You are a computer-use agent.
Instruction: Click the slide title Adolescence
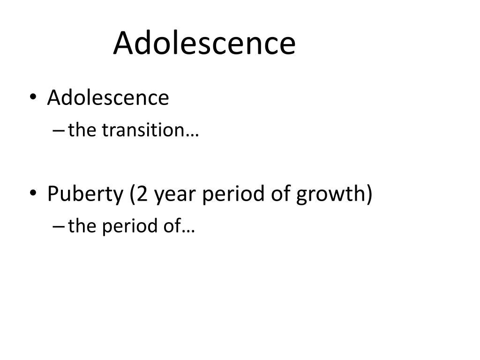(x=204, y=43)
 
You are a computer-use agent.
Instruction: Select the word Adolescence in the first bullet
(x=108, y=97)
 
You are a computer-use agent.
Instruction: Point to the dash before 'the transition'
(x=59, y=131)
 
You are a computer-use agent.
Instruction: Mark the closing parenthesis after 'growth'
(x=369, y=194)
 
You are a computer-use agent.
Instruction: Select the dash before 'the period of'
(x=59, y=227)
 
